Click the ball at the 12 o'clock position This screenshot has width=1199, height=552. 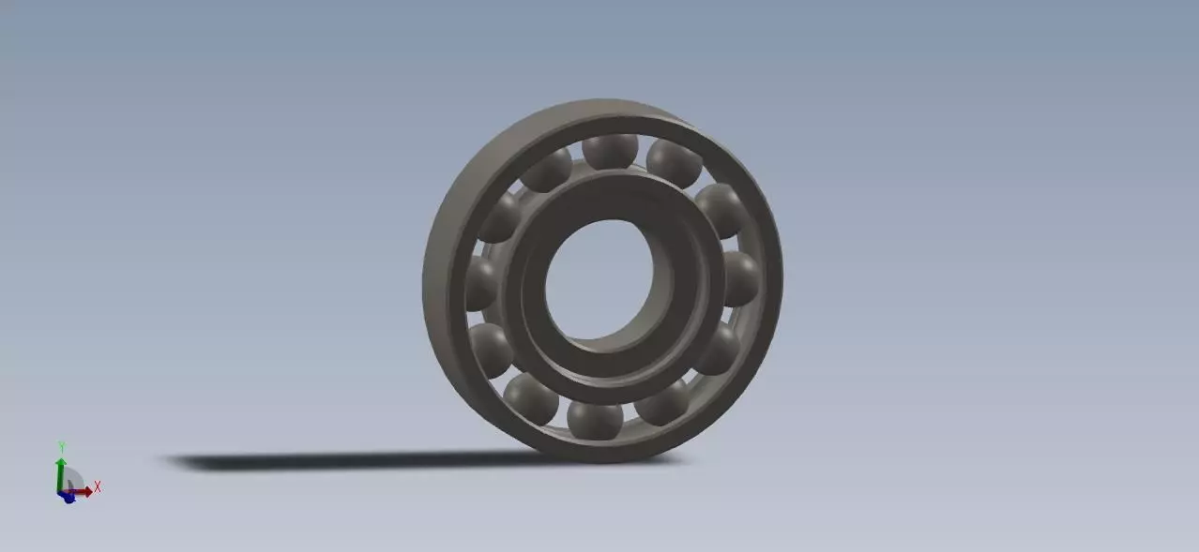tap(610, 150)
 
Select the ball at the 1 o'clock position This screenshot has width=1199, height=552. tap(674, 161)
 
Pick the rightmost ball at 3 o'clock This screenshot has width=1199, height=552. tap(741, 277)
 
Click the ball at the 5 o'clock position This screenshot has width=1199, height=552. tap(664, 401)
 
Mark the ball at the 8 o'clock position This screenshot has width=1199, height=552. tap(491, 349)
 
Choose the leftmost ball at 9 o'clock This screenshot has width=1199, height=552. tap(480, 283)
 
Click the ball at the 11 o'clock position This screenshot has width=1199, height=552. tap(547, 170)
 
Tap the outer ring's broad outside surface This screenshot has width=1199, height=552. tap(446, 281)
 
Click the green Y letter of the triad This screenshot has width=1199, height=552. tap(61, 446)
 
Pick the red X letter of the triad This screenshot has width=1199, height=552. tap(97, 487)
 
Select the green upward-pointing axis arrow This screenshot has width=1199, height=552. tap(61, 469)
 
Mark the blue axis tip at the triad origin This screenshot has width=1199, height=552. tap(68, 498)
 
